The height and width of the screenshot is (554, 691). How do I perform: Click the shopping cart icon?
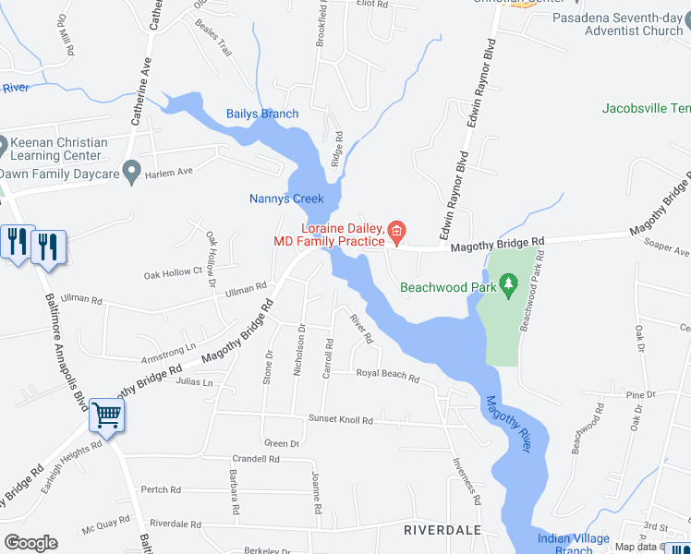click(x=106, y=415)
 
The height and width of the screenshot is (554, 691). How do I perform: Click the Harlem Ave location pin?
click(x=132, y=170)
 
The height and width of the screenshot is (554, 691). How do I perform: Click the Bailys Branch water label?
click(x=262, y=114)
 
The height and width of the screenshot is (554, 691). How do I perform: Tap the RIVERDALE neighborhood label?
click(x=442, y=530)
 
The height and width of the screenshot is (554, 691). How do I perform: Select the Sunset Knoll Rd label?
click(x=341, y=420)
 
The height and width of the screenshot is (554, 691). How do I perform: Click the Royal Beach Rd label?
click(x=388, y=377)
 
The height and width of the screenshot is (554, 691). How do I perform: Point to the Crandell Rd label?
click(x=256, y=458)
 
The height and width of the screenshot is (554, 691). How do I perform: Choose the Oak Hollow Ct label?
click(x=173, y=273)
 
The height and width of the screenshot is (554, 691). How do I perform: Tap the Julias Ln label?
click(x=195, y=382)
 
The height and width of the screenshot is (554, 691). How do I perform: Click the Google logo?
click(x=30, y=542)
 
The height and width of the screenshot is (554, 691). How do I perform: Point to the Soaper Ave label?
click(x=668, y=251)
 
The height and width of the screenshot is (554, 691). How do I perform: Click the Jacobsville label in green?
click(x=646, y=108)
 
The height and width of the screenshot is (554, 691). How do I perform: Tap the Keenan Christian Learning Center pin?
click(x=3, y=147)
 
